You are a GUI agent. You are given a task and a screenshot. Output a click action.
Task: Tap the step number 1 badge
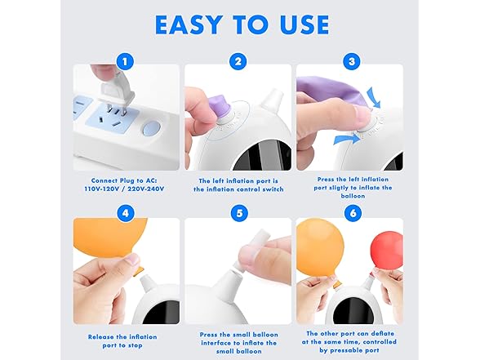125,60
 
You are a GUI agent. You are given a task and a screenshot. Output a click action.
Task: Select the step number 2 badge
238,60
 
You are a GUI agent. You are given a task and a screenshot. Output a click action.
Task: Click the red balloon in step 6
386,249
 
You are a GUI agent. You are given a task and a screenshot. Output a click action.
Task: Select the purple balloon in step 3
327,89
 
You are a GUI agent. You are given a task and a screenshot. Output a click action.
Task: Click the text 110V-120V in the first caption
101,189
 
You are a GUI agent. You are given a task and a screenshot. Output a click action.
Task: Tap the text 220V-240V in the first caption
145,189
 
